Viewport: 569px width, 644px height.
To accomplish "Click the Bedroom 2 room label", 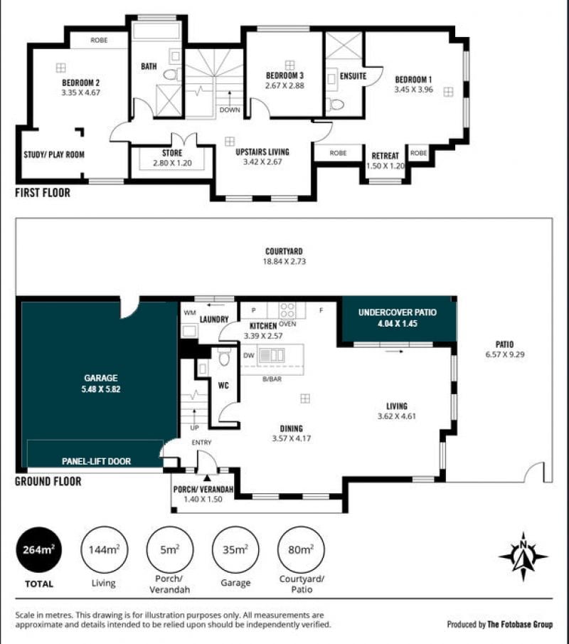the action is pyautogui.click(x=81, y=83).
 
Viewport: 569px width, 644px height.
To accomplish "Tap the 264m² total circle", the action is pyautogui.click(x=39, y=550).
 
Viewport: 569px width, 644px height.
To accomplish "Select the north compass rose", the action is pyautogui.click(x=523, y=556).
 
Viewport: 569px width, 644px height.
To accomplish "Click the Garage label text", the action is pyautogui.click(x=101, y=378).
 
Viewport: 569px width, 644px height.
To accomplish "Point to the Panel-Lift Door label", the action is pyautogui.click(x=96, y=461).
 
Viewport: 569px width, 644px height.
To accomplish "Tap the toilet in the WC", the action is pyautogui.click(x=224, y=357).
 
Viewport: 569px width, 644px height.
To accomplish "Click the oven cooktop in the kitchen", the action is pyautogui.click(x=287, y=310).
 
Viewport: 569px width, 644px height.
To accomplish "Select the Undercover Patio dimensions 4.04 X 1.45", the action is pyautogui.click(x=398, y=324).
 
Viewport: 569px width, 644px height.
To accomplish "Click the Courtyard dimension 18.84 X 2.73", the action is pyautogui.click(x=284, y=261).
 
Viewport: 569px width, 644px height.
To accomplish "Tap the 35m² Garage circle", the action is pyautogui.click(x=235, y=550).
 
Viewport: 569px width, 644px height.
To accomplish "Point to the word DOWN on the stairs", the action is pyautogui.click(x=230, y=110).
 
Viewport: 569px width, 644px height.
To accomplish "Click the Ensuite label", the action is pyautogui.click(x=353, y=76).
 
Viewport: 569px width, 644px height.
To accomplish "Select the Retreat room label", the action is pyautogui.click(x=385, y=156).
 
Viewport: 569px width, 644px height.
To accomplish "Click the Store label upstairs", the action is pyautogui.click(x=172, y=153).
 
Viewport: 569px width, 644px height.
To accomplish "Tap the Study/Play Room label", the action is pyautogui.click(x=54, y=155).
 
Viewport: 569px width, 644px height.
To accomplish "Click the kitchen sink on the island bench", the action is pyautogui.click(x=272, y=355).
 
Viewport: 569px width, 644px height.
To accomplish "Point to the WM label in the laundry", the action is pyautogui.click(x=190, y=313).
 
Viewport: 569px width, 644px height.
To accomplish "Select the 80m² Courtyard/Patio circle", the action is pyautogui.click(x=301, y=550).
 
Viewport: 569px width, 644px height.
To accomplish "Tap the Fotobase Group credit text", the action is pyautogui.click(x=520, y=625).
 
